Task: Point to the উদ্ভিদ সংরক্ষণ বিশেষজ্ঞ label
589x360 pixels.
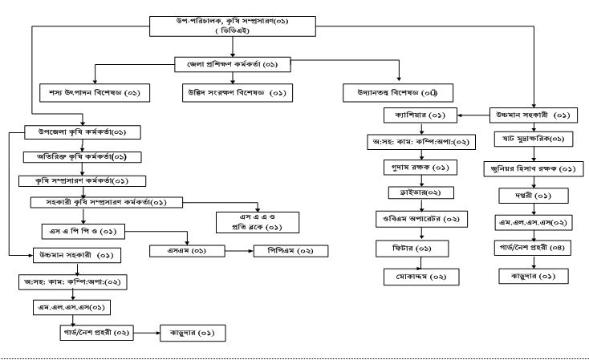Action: (234, 92)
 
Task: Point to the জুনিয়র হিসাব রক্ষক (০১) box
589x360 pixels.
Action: (534, 169)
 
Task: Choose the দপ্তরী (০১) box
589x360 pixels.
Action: (534, 195)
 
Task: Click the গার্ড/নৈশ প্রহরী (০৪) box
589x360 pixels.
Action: (534, 249)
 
